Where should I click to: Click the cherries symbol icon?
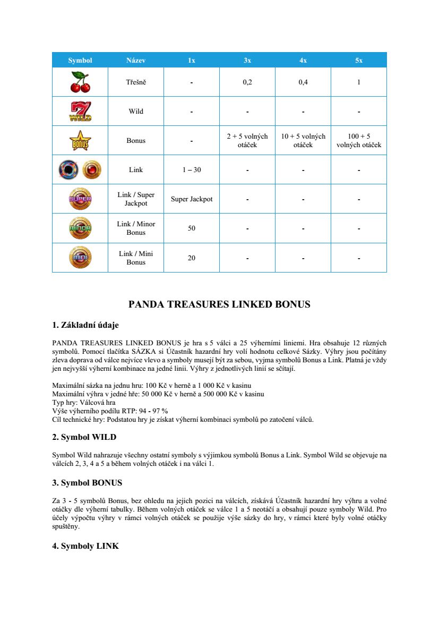tap(80, 82)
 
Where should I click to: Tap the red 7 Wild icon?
tap(80, 112)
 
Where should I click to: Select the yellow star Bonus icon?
tap(80, 141)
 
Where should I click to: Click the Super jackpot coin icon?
tap(80, 199)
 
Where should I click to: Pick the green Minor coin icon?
tap(80, 228)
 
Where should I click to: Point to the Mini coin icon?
tap(80, 258)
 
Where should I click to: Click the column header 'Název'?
tap(136, 61)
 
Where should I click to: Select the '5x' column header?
tap(359, 61)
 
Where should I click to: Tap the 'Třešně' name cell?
tap(136, 82)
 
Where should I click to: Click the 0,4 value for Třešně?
tap(303, 82)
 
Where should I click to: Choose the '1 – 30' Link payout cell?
tap(192, 170)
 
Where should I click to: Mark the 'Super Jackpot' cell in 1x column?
tap(192, 199)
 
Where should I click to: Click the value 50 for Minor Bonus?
tap(192, 228)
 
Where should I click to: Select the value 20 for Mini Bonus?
tap(192, 258)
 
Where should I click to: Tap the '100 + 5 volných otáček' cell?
tap(359, 141)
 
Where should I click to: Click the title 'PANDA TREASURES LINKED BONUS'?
tap(219, 305)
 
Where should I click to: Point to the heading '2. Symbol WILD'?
tap(84, 437)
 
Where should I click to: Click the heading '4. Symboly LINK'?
tap(85, 546)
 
